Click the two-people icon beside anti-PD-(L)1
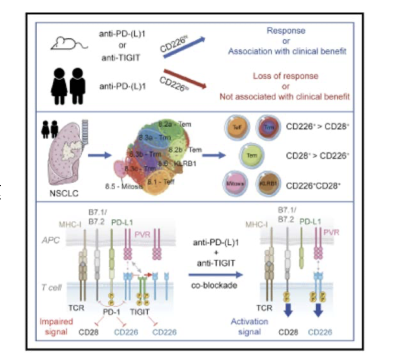coord(67,86)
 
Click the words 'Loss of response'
coord(285,76)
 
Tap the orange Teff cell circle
coord(235,126)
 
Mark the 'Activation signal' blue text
coord(249,326)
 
